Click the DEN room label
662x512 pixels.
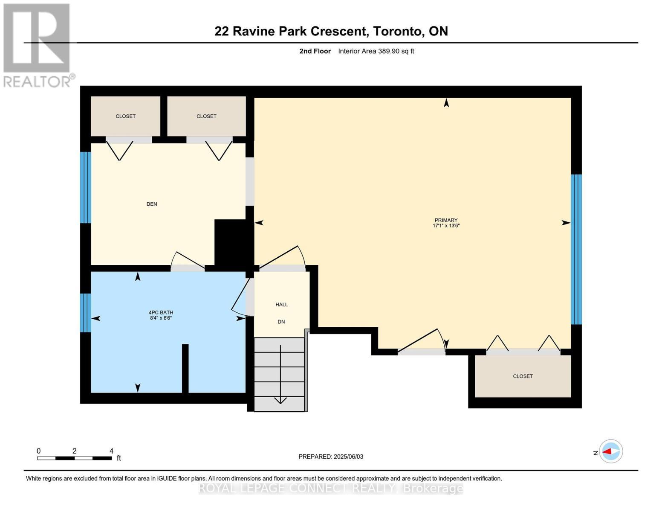[x=152, y=204]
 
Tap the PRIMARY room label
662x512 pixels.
[x=446, y=220]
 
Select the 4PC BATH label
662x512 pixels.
[x=161, y=312]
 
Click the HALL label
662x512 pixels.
[x=281, y=305]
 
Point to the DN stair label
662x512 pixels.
[x=281, y=322]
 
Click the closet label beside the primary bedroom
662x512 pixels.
[x=523, y=376]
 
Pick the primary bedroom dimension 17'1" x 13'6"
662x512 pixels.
[x=446, y=226]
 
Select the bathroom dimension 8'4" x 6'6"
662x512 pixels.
[x=161, y=318]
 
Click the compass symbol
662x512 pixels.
[x=611, y=451]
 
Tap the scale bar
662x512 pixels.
[x=75, y=458]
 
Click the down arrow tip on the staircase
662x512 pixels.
[x=280, y=402]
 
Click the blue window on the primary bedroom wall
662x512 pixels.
[x=576, y=250]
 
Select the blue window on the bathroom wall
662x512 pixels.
[x=86, y=313]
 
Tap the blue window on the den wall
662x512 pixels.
[x=86, y=187]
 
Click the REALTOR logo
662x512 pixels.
[x=38, y=45]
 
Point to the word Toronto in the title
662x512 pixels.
[x=398, y=31]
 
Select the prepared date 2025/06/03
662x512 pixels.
[x=348, y=457]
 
